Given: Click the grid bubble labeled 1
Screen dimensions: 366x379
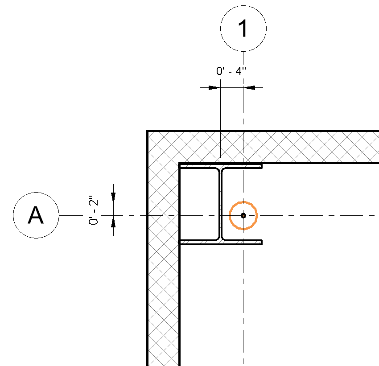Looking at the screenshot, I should click(x=243, y=29).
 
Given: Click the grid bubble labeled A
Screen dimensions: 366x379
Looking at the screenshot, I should click(x=36, y=216).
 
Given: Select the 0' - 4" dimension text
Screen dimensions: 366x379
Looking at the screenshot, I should click(x=231, y=71).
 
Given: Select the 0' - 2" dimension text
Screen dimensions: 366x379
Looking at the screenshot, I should click(x=93, y=210).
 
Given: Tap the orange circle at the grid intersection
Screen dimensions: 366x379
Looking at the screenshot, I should click(x=243, y=202).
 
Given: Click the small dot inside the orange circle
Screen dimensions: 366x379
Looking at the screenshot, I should click(x=243, y=216).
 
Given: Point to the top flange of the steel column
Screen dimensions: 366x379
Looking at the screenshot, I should click(x=220, y=165).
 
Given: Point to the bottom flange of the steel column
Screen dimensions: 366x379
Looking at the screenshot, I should click(x=220, y=243).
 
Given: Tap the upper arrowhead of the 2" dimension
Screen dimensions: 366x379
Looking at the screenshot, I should click(x=113, y=199).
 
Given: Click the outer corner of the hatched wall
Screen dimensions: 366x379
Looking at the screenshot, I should click(x=148, y=132).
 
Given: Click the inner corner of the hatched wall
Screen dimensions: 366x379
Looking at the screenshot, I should click(x=179, y=163).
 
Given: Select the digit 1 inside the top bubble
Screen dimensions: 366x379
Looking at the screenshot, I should click(x=243, y=29).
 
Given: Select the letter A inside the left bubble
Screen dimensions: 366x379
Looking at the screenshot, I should click(x=36, y=216).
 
